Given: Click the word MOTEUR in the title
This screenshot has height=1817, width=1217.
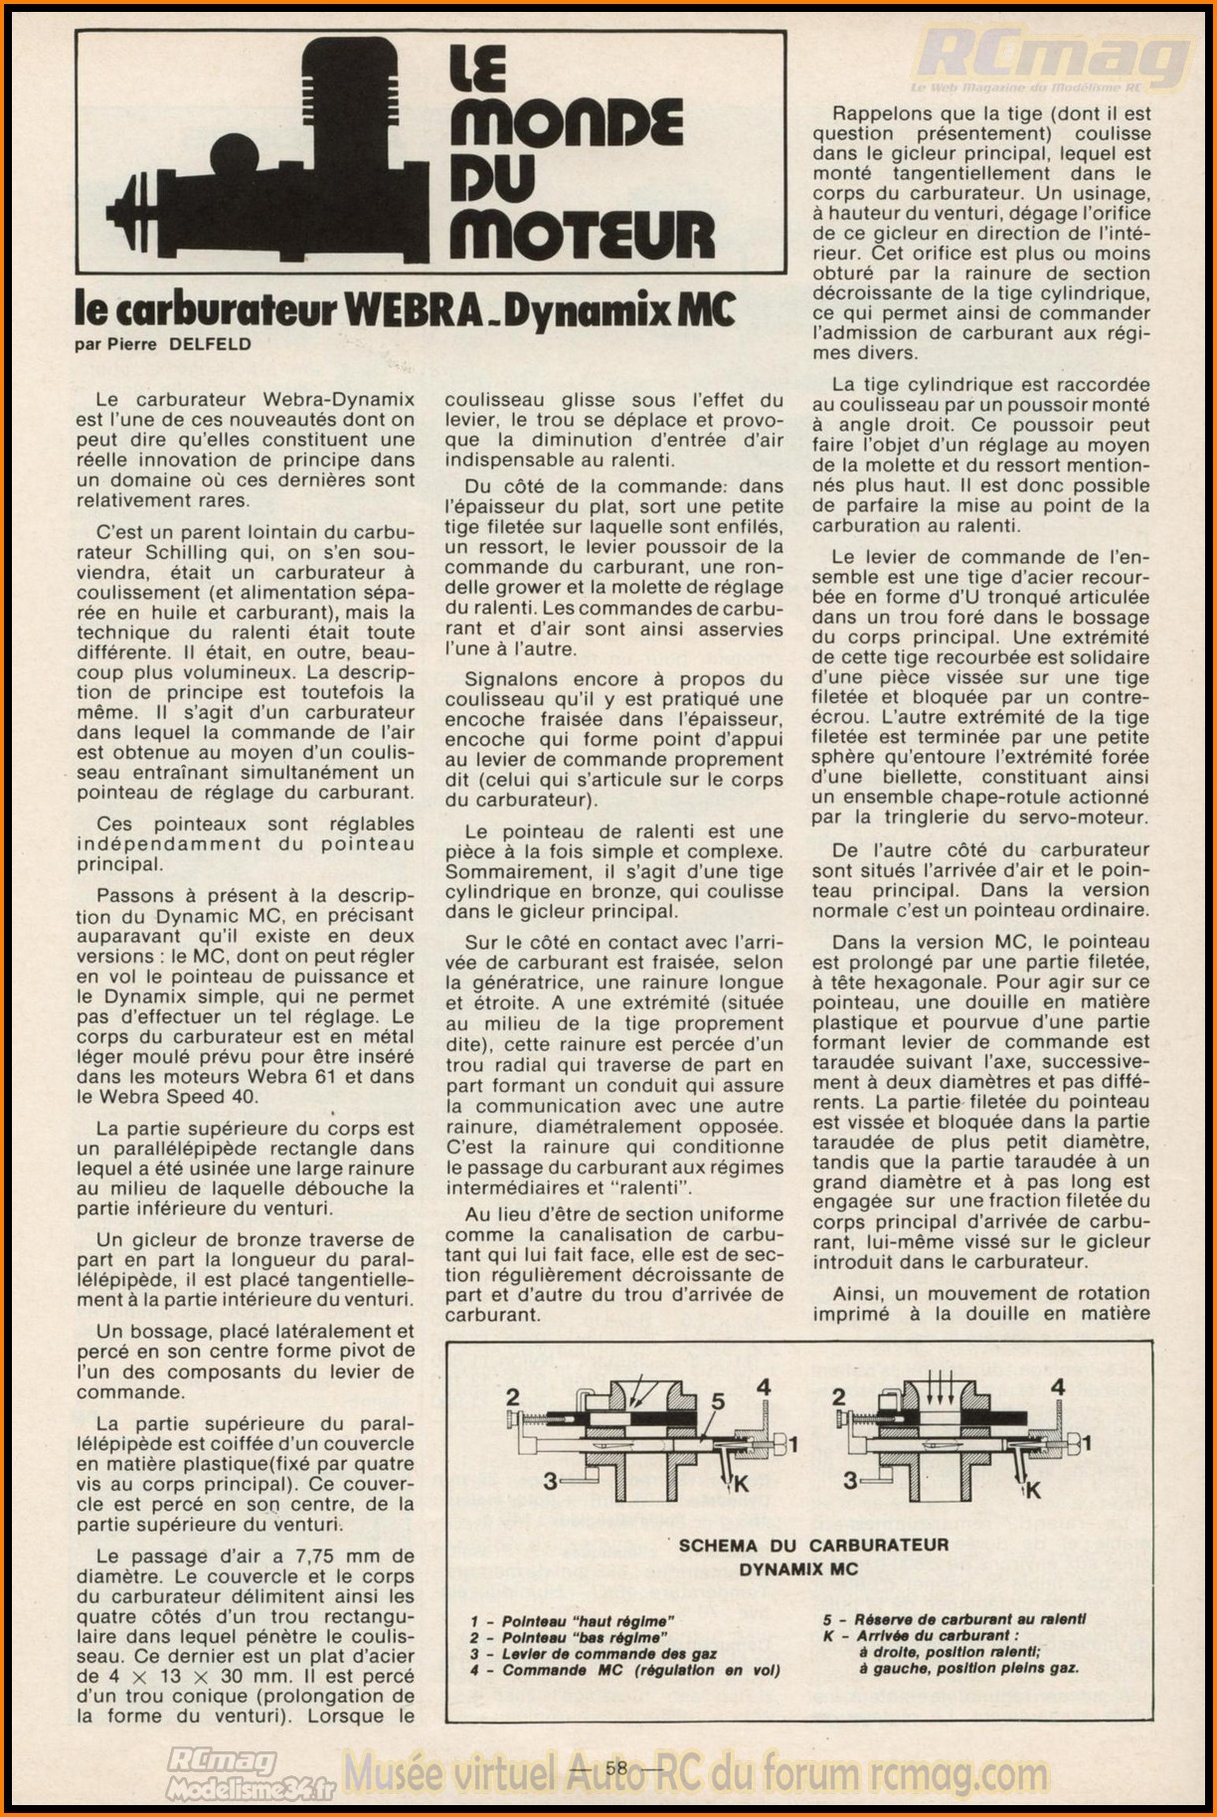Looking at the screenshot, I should tap(582, 231).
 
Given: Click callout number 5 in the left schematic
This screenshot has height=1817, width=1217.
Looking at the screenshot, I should tap(718, 1401).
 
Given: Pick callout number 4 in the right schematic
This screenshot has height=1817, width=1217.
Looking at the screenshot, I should tap(1058, 1386).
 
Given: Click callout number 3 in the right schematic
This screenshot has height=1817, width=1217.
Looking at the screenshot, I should tap(851, 1480).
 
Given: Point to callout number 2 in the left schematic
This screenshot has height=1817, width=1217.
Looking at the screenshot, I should tap(513, 1394).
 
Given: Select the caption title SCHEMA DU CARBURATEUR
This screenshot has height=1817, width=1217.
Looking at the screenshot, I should tap(813, 1544).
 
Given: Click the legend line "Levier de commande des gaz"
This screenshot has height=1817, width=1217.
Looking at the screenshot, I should tap(608, 1653).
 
